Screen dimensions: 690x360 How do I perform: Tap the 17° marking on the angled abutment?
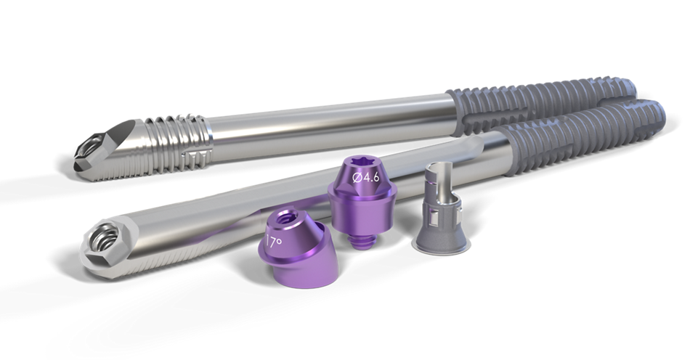274,241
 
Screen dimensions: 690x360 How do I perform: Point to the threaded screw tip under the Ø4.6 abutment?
357,240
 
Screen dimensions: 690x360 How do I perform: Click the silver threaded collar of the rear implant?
176,142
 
